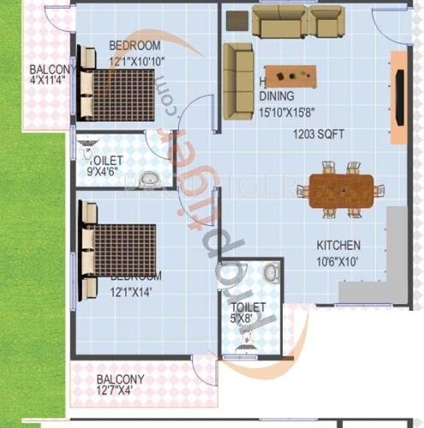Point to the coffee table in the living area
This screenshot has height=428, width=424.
point(290,75)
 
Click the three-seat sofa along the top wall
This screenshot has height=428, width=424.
point(297,22)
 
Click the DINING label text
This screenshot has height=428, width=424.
point(277,97)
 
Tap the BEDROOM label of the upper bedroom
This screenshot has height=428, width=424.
point(134,45)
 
